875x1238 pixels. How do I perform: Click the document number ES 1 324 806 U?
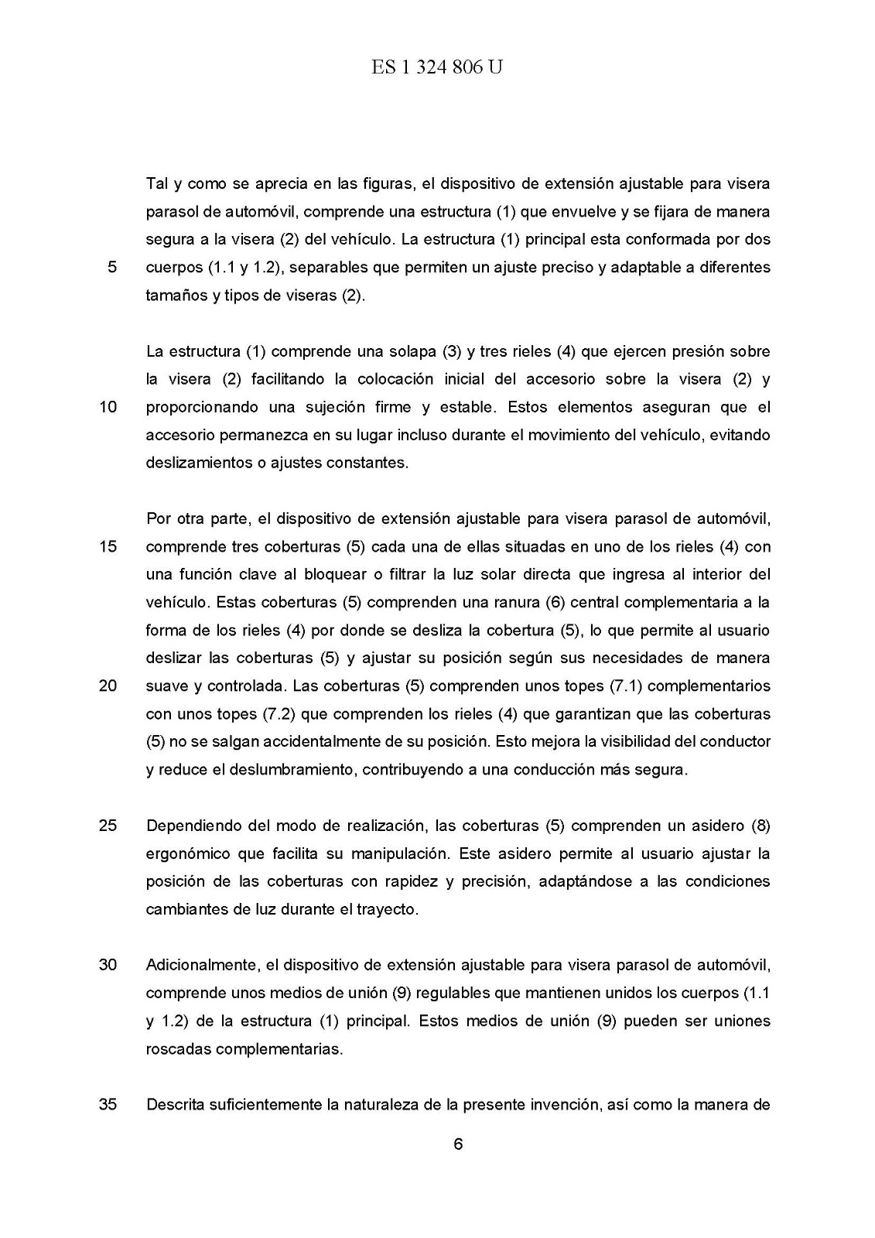pos(437,68)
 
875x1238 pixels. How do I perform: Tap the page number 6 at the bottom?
pos(458,1144)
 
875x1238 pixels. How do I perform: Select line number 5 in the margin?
pos(112,268)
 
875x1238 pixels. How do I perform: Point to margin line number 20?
pos(108,686)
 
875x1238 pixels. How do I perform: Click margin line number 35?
pos(108,1104)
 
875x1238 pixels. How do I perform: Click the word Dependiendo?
pos(192,826)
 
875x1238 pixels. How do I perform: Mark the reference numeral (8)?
pos(760,826)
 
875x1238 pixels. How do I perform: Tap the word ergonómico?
pos(188,853)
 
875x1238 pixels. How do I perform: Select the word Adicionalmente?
pos(201,965)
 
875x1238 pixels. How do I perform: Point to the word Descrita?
pos(174,1104)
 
